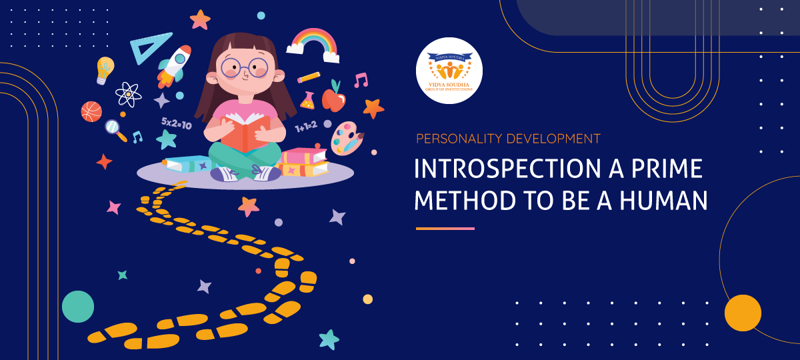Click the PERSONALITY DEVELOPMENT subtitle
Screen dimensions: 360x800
click(508, 139)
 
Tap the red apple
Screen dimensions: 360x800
click(333, 99)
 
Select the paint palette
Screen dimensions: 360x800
click(347, 137)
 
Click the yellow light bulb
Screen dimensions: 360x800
click(105, 69)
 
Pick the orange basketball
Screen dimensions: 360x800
click(91, 111)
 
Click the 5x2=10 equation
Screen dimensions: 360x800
click(177, 125)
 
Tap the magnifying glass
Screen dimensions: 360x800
click(115, 129)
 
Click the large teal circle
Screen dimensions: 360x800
click(78, 307)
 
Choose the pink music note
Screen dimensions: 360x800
click(361, 81)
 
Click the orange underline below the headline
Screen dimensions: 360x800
click(445, 228)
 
